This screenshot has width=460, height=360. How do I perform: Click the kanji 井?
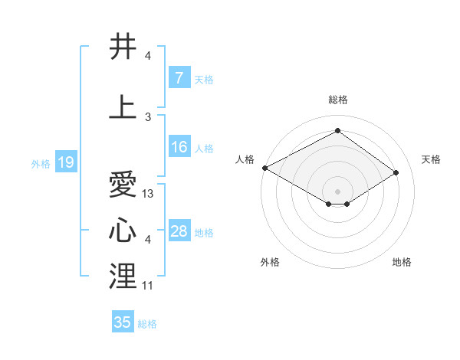pos(123,47)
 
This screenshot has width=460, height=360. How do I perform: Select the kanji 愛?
pos(123,185)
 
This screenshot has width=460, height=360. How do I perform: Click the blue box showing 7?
pos(179,78)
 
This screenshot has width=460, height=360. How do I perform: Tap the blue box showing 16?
pos(179,148)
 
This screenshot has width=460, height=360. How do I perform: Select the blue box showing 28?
pos(179,232)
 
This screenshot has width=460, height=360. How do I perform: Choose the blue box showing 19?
pos(65,162)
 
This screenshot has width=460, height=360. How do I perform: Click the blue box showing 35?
pos(123,322)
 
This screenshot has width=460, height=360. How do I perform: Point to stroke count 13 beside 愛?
pos(148,194)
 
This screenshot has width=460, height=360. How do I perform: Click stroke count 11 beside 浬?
pos(148,286)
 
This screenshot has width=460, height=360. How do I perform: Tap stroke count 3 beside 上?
pos(148,116)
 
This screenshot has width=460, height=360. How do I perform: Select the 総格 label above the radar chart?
pos(337,100)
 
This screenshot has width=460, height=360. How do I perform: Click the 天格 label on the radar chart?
pos(431,159)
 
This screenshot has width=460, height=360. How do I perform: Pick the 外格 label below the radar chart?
pos(270,262)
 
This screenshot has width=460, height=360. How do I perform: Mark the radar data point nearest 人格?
pos(264,168)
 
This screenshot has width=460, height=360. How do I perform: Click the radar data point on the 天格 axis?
pos(396,172)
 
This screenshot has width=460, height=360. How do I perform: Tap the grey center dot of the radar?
pos(337,191)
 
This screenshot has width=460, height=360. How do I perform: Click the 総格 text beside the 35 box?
pos(147,324)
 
